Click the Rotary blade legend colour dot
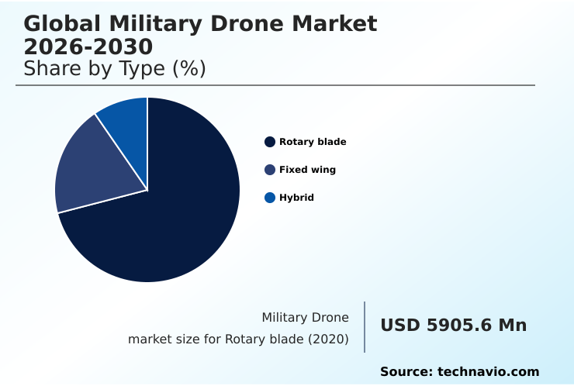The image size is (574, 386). (270, 142)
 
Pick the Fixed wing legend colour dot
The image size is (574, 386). (270, 170)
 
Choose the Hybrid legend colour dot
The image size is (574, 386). (270, 198)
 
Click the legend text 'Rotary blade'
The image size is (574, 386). (313, 142)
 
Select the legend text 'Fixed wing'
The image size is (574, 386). (307, 170)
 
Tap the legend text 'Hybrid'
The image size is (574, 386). (296, 198)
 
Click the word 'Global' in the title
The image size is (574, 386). (62, 24)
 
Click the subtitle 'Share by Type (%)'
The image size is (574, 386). (115, 69)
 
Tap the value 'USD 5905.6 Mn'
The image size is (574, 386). (453, 326)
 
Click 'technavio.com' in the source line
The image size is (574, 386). (489, 372)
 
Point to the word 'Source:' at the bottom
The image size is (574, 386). (406, 372)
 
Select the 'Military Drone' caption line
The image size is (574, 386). (305, 317)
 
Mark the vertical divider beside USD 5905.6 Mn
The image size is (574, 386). (365, 327)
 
